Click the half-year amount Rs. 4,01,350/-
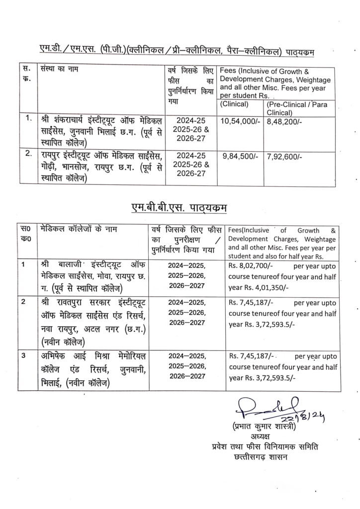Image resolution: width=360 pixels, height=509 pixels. coord(261,288)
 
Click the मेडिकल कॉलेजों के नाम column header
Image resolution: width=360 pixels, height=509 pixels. coord(75,229)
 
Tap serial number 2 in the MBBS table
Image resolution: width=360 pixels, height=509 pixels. coord(23,302)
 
